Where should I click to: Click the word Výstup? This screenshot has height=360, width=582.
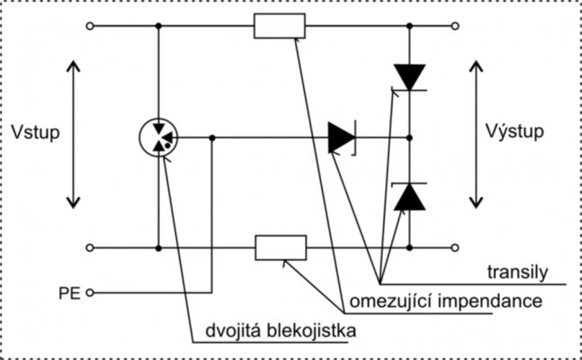pos(514,133)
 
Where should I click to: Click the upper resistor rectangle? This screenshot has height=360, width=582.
pos(280,26)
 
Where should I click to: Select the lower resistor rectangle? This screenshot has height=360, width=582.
pos(281,246)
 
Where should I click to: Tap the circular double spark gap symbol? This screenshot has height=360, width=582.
pos(158,138)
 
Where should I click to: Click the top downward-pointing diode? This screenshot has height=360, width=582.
pos(410,76)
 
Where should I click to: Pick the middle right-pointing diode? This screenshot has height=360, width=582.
pos(343,138)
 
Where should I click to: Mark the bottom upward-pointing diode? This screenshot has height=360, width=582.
pos(410,196)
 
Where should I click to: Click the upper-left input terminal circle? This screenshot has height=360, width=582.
pos(89,27)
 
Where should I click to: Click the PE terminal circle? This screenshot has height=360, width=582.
pos(89,292)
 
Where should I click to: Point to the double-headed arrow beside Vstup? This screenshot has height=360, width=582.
pos(75,135)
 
